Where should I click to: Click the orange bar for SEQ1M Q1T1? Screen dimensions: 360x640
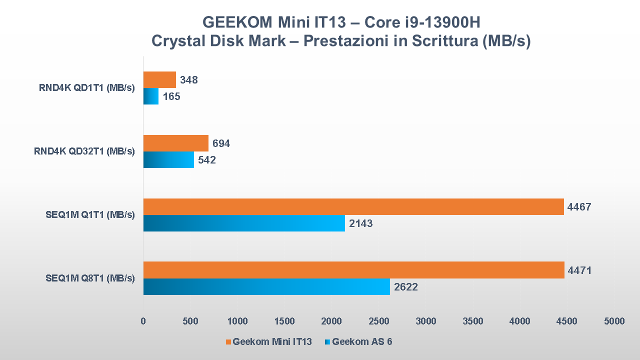[x=353, y=206]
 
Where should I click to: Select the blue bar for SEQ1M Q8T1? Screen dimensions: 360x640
[x=266, y=286]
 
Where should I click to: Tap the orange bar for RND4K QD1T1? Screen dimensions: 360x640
[x=159, y=79]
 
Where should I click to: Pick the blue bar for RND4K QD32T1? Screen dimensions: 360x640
[x=168, y=159]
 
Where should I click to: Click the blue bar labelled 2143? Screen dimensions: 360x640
[x=244, y=223]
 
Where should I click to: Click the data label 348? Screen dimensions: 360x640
[x=189, y=80]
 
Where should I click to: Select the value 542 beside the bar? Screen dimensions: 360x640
[x=207, y=160]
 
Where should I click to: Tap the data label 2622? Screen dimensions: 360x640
[x=406, y=287]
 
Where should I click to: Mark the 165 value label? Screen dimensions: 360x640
[x=171, y=96]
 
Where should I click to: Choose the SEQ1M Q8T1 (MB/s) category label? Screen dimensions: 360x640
[x=90, y=278]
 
